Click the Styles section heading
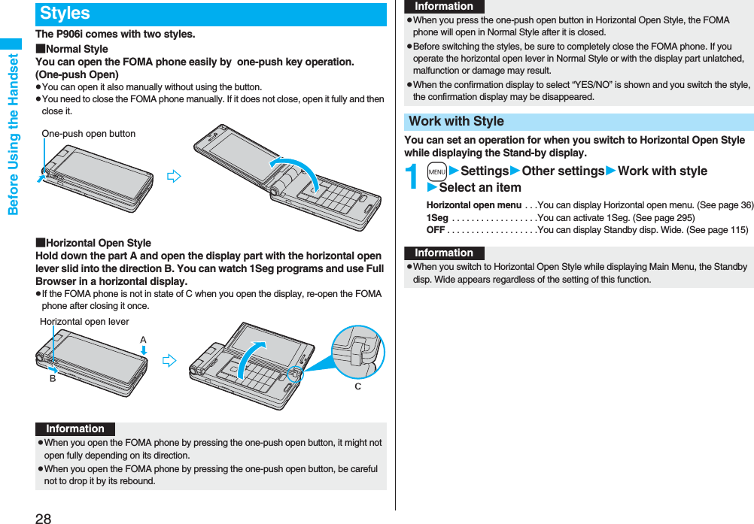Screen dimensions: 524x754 coord(65,14)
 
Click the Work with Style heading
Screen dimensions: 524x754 coord(457,122)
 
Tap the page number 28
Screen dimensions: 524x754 coord(43,517)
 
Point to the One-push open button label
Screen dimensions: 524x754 coord(89,134)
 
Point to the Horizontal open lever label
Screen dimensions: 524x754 coord(84,322)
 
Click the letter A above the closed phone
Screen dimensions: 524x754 coord(143,340)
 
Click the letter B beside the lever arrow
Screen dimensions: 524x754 coord(53,379)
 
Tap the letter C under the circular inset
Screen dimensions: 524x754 coord(357,386)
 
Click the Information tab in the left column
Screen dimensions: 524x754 coord(75,429)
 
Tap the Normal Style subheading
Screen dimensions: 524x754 coord(76,49)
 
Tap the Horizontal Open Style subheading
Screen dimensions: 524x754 coord(98,243)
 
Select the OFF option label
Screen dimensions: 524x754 coord(436,229)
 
